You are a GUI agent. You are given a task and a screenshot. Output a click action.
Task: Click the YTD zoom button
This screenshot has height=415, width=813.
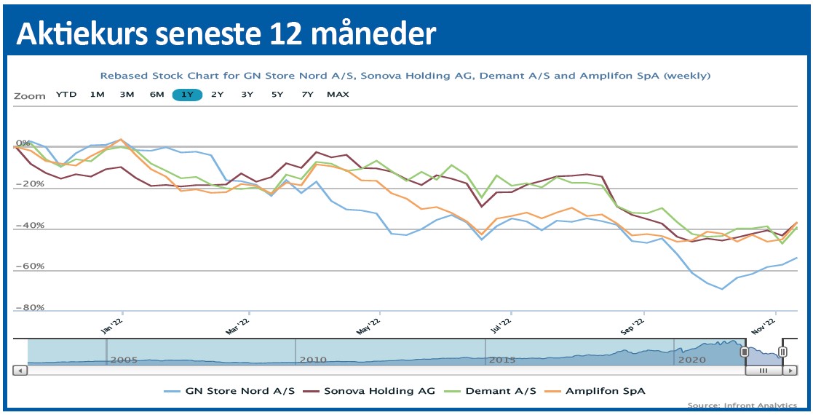[x=66, y=95]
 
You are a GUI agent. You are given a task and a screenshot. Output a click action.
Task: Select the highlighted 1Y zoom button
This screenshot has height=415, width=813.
[x=186, y=95]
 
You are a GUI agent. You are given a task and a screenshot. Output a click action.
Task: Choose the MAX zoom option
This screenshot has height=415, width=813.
[x=338, y=95]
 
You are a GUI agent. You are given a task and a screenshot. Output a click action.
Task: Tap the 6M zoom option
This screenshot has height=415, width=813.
[x=156, y=95]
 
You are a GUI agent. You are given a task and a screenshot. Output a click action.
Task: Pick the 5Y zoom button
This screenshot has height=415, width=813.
[x=277, y=95]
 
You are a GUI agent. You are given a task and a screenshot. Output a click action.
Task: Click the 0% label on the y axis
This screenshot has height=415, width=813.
[x=23, y=143]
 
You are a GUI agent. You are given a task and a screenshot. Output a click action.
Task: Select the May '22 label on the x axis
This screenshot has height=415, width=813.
[x=370, y=325]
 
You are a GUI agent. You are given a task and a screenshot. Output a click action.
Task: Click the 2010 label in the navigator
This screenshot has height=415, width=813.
[x=313, y=360]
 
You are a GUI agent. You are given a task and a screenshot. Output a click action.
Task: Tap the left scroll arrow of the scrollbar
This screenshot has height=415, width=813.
[x=20, y=371]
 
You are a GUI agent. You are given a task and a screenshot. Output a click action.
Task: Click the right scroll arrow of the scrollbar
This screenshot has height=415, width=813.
[x=790, y=371]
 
